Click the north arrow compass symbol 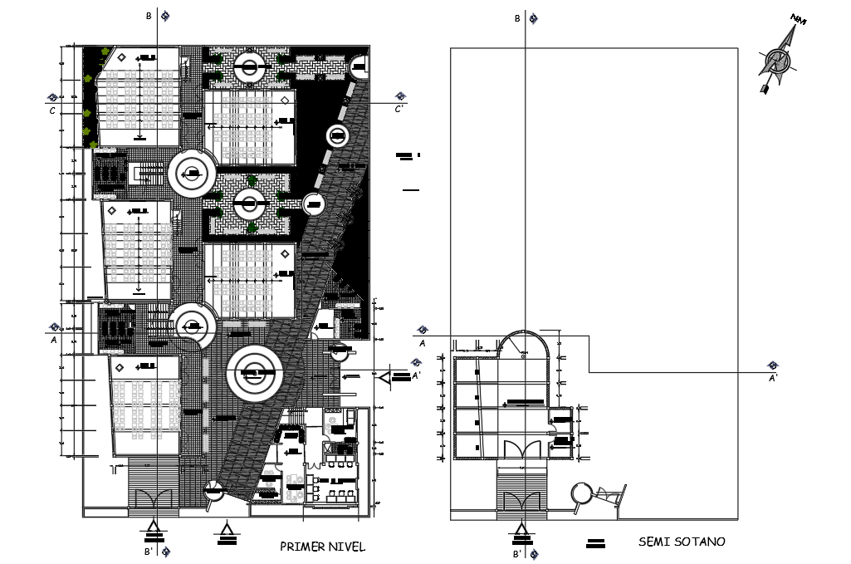click(x=777, y=61)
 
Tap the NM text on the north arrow click(x=799, y=20)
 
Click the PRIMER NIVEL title click(x=322, y=547)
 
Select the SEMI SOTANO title click(x=681, y=542)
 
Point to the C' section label click(x=399, y=109)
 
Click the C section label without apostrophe click(x=52, y=110)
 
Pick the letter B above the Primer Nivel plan click(x=149, y=16)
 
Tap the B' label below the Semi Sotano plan click(x=516, y=553)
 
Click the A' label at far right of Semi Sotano click(x=773, y=378)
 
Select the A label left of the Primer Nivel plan click(x=53, y=339)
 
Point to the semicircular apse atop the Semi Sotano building click(x=524, y=346)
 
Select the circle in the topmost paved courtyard click(x=250, y=68)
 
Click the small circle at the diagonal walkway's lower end click(x=214, y=490)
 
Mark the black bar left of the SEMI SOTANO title click(x=594, y=544)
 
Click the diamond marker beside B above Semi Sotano click(x=536, y=17)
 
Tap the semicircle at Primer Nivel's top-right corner click(x=359, y=67)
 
